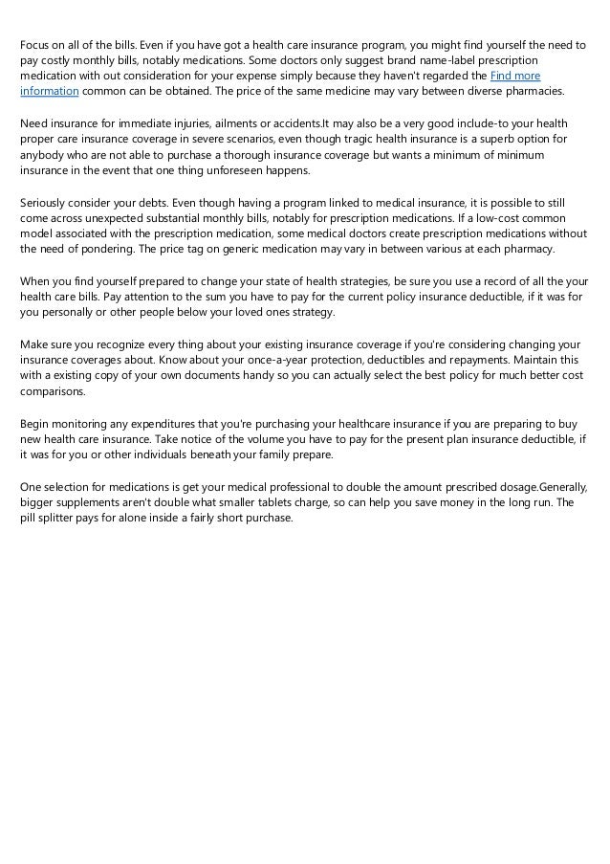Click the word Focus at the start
(36, 45)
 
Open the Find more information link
(515, 76)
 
